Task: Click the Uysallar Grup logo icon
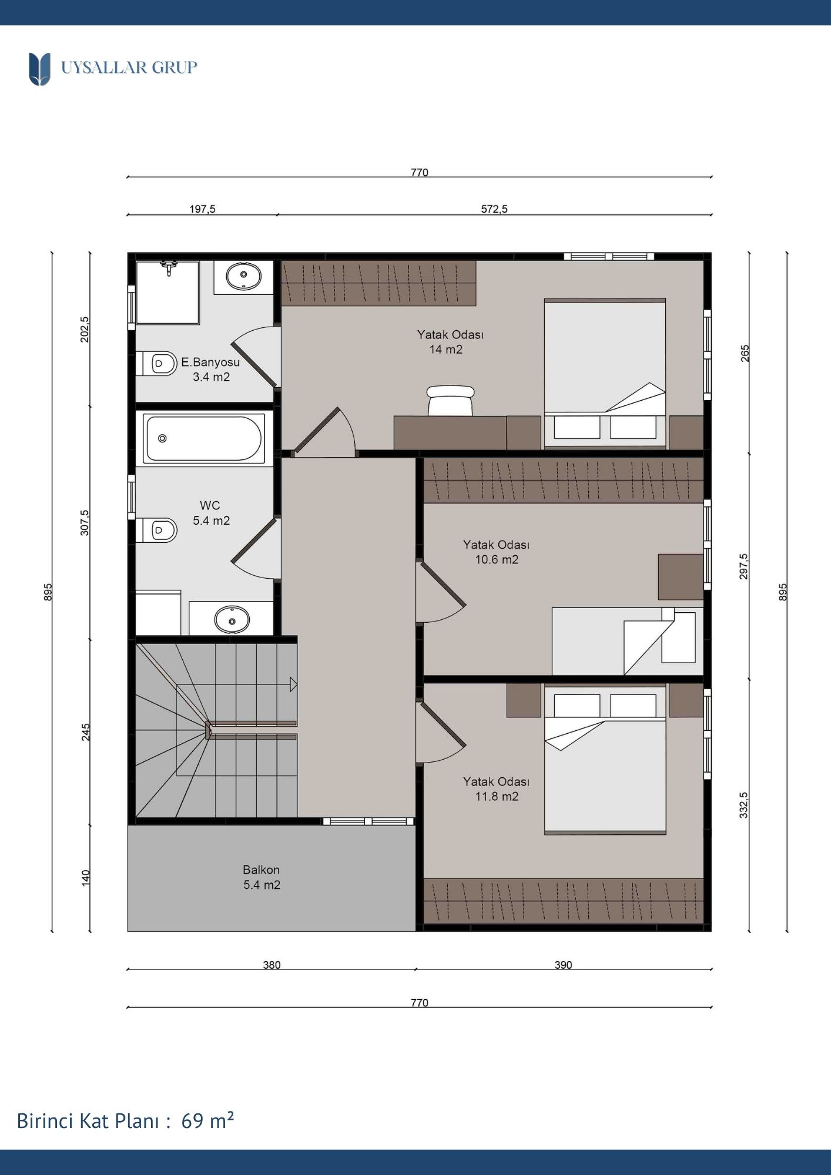[39, 69]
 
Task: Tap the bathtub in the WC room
[204, 438]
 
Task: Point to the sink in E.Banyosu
[243, 277]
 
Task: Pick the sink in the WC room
[232, 619]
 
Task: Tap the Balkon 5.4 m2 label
[262, 877]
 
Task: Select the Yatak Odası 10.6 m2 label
[497, 552]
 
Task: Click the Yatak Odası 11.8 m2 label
[497, 789]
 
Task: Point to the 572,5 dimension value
[494, 209]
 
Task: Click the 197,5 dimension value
[202, 209]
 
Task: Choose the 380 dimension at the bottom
[272, 965]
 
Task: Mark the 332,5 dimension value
[744, 805]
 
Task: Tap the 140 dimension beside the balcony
[86, 878]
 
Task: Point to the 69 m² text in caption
[207, 1120]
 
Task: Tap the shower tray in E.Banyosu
[168, 293]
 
